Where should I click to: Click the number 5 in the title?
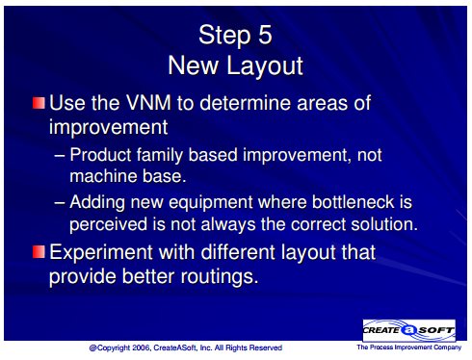(x=265, y=35)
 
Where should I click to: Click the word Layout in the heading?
(x=265, y=66)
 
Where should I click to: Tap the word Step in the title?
(x=224, y=37)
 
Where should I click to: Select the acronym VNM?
(x=148, y=103)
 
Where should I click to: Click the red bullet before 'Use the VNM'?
(x=39, y=103)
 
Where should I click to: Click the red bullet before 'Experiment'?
(x=39, y=251)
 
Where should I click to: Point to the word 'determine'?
(x=246, y=103)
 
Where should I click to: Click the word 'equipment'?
(x=211, y=203)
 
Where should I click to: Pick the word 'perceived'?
(x=108, y=224)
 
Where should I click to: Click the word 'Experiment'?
(x=101, y=253)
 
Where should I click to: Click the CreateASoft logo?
(x=408, y=330)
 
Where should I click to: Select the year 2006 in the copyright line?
(x=141, y=347)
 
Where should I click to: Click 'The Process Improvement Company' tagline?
(x=408, y=347)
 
